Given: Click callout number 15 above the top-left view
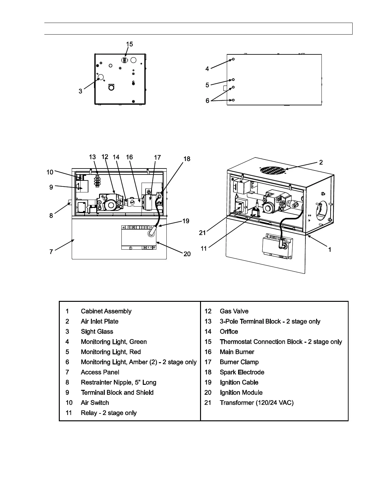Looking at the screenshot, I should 129,44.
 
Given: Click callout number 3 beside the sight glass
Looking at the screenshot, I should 81,91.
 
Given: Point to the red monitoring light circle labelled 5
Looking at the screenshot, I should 233,80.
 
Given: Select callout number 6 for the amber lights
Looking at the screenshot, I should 208,101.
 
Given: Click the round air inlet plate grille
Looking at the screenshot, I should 272,170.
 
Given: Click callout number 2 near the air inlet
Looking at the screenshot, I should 321,162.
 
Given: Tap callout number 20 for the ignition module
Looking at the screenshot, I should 187,254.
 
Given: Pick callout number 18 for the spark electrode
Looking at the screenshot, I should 187,159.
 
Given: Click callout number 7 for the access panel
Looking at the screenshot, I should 51,252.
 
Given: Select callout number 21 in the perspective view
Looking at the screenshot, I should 202,233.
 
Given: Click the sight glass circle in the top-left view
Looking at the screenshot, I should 101,77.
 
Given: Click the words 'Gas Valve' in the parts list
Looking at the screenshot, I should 234,311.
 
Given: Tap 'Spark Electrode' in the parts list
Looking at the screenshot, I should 242,372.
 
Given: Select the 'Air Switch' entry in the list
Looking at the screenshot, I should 95,403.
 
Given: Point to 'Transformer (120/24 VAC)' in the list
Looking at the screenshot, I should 256,403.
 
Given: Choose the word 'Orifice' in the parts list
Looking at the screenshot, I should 229,332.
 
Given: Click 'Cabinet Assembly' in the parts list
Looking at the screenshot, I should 106,311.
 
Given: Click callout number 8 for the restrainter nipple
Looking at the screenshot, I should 51,216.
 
